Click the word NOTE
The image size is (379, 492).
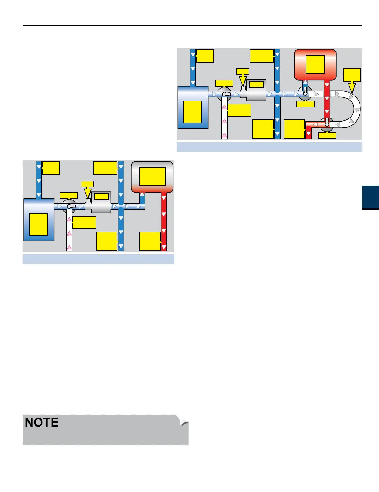click(x=42, y=423)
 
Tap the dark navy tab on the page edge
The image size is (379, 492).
click(x=371, y=197)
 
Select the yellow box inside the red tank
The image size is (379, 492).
click(x=315, y=64)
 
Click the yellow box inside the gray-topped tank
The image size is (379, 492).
click(x=152, y=177)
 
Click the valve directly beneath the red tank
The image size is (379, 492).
click(x=305, y=93)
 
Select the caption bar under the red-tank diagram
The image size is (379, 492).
click(x=269, y=147)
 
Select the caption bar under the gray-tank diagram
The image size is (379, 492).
click(x=98, y=259)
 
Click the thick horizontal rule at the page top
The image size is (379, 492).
click(x=192, y=25)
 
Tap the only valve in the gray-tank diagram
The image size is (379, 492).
click(x=69, y=206)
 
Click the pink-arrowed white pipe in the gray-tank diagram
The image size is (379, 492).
click(x=69, y=232)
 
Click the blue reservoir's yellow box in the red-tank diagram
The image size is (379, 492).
click(x=192, y=112)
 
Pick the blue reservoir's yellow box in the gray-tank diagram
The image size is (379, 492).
click(x=39, y=224)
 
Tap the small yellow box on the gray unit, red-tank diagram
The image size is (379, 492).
click(x=256, y=85)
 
